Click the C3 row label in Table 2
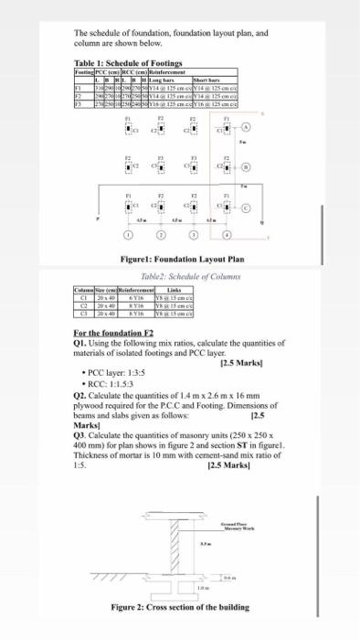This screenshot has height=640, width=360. [x=85, y=315]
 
